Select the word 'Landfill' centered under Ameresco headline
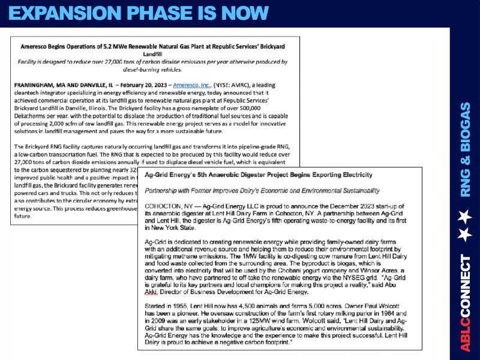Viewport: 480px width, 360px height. point(155,54)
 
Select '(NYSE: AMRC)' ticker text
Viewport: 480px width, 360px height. point(230,86)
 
